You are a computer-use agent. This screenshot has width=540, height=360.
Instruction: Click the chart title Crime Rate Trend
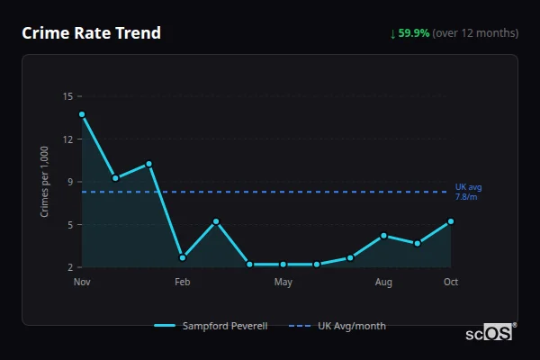point(91,33)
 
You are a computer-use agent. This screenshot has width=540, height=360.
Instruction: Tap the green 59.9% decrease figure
point(415,33)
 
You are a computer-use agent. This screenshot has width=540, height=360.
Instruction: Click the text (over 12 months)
point(475,33)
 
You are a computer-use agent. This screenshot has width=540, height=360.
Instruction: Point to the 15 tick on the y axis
point(68,96)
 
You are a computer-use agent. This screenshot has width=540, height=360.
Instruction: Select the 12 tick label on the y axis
point(68,139)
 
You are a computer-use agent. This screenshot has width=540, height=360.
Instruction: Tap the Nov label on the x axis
point(82,283)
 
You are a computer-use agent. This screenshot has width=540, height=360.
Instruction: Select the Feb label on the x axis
point(183,283)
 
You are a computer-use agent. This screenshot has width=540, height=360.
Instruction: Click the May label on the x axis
point(283,283)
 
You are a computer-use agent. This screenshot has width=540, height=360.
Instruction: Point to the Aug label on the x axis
point(383,283)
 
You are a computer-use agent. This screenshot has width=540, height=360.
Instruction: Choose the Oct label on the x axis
point(451,283)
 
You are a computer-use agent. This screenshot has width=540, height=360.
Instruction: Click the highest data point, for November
point(82,114)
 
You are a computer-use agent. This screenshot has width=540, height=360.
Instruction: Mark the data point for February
point(183,257)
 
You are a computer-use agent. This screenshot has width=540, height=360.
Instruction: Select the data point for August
point(383,236)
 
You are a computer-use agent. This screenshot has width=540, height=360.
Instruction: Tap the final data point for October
point(451,221)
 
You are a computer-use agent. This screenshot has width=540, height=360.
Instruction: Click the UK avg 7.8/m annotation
point(468,192)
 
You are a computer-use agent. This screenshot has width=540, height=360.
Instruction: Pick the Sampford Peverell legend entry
point(211,326)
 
